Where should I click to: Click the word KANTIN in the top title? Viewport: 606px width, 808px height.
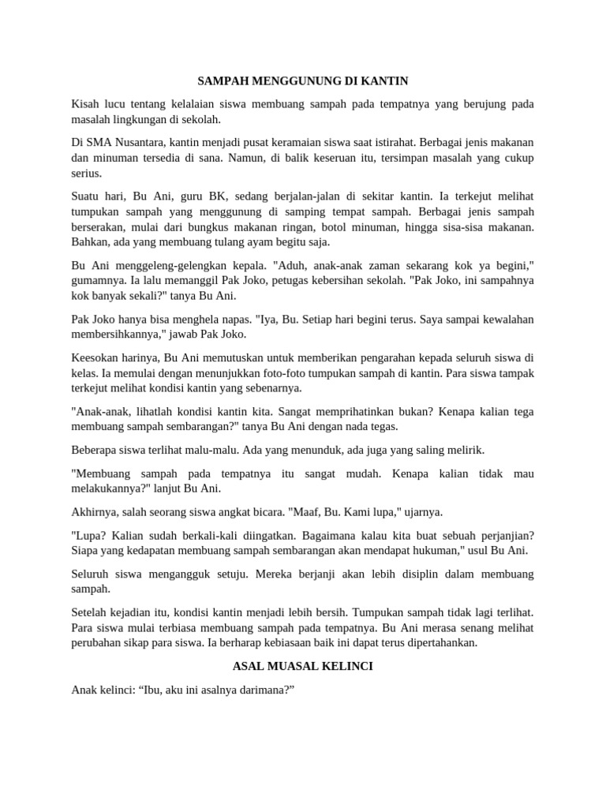(385, 81)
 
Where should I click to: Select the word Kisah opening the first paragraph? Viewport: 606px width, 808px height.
(86, 104)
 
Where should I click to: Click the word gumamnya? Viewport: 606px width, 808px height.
(96, 281)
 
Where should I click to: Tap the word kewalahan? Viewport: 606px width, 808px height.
(502, 319)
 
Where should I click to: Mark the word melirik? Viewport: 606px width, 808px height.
(464, 450)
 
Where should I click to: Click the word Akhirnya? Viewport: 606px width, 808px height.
(95, 511)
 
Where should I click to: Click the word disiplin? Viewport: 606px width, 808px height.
(410, 574)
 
